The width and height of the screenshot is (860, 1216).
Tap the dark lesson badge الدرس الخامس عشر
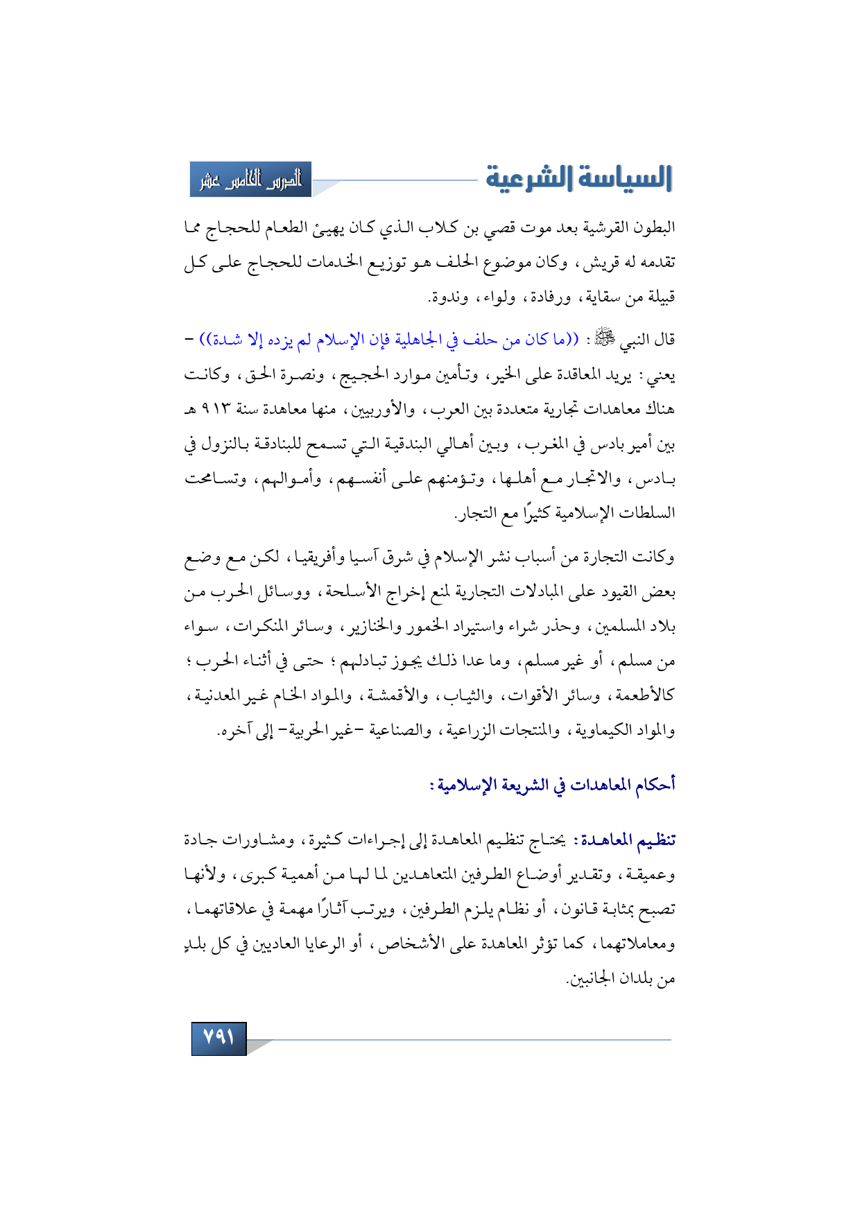click(251, 180)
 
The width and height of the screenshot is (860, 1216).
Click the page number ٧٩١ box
click(218, 1038)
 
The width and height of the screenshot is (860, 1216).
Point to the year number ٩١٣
click(215, 410)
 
